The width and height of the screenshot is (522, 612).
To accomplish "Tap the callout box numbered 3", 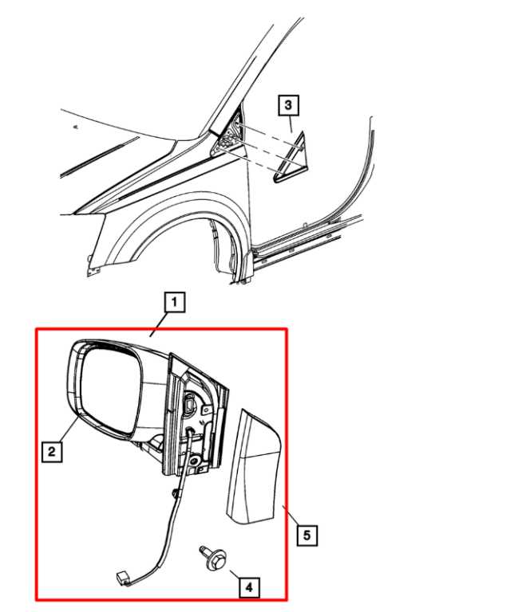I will point(287,104).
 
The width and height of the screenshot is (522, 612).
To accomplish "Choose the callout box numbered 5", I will point(305,534).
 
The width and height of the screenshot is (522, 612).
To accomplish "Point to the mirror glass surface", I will point(112,390).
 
